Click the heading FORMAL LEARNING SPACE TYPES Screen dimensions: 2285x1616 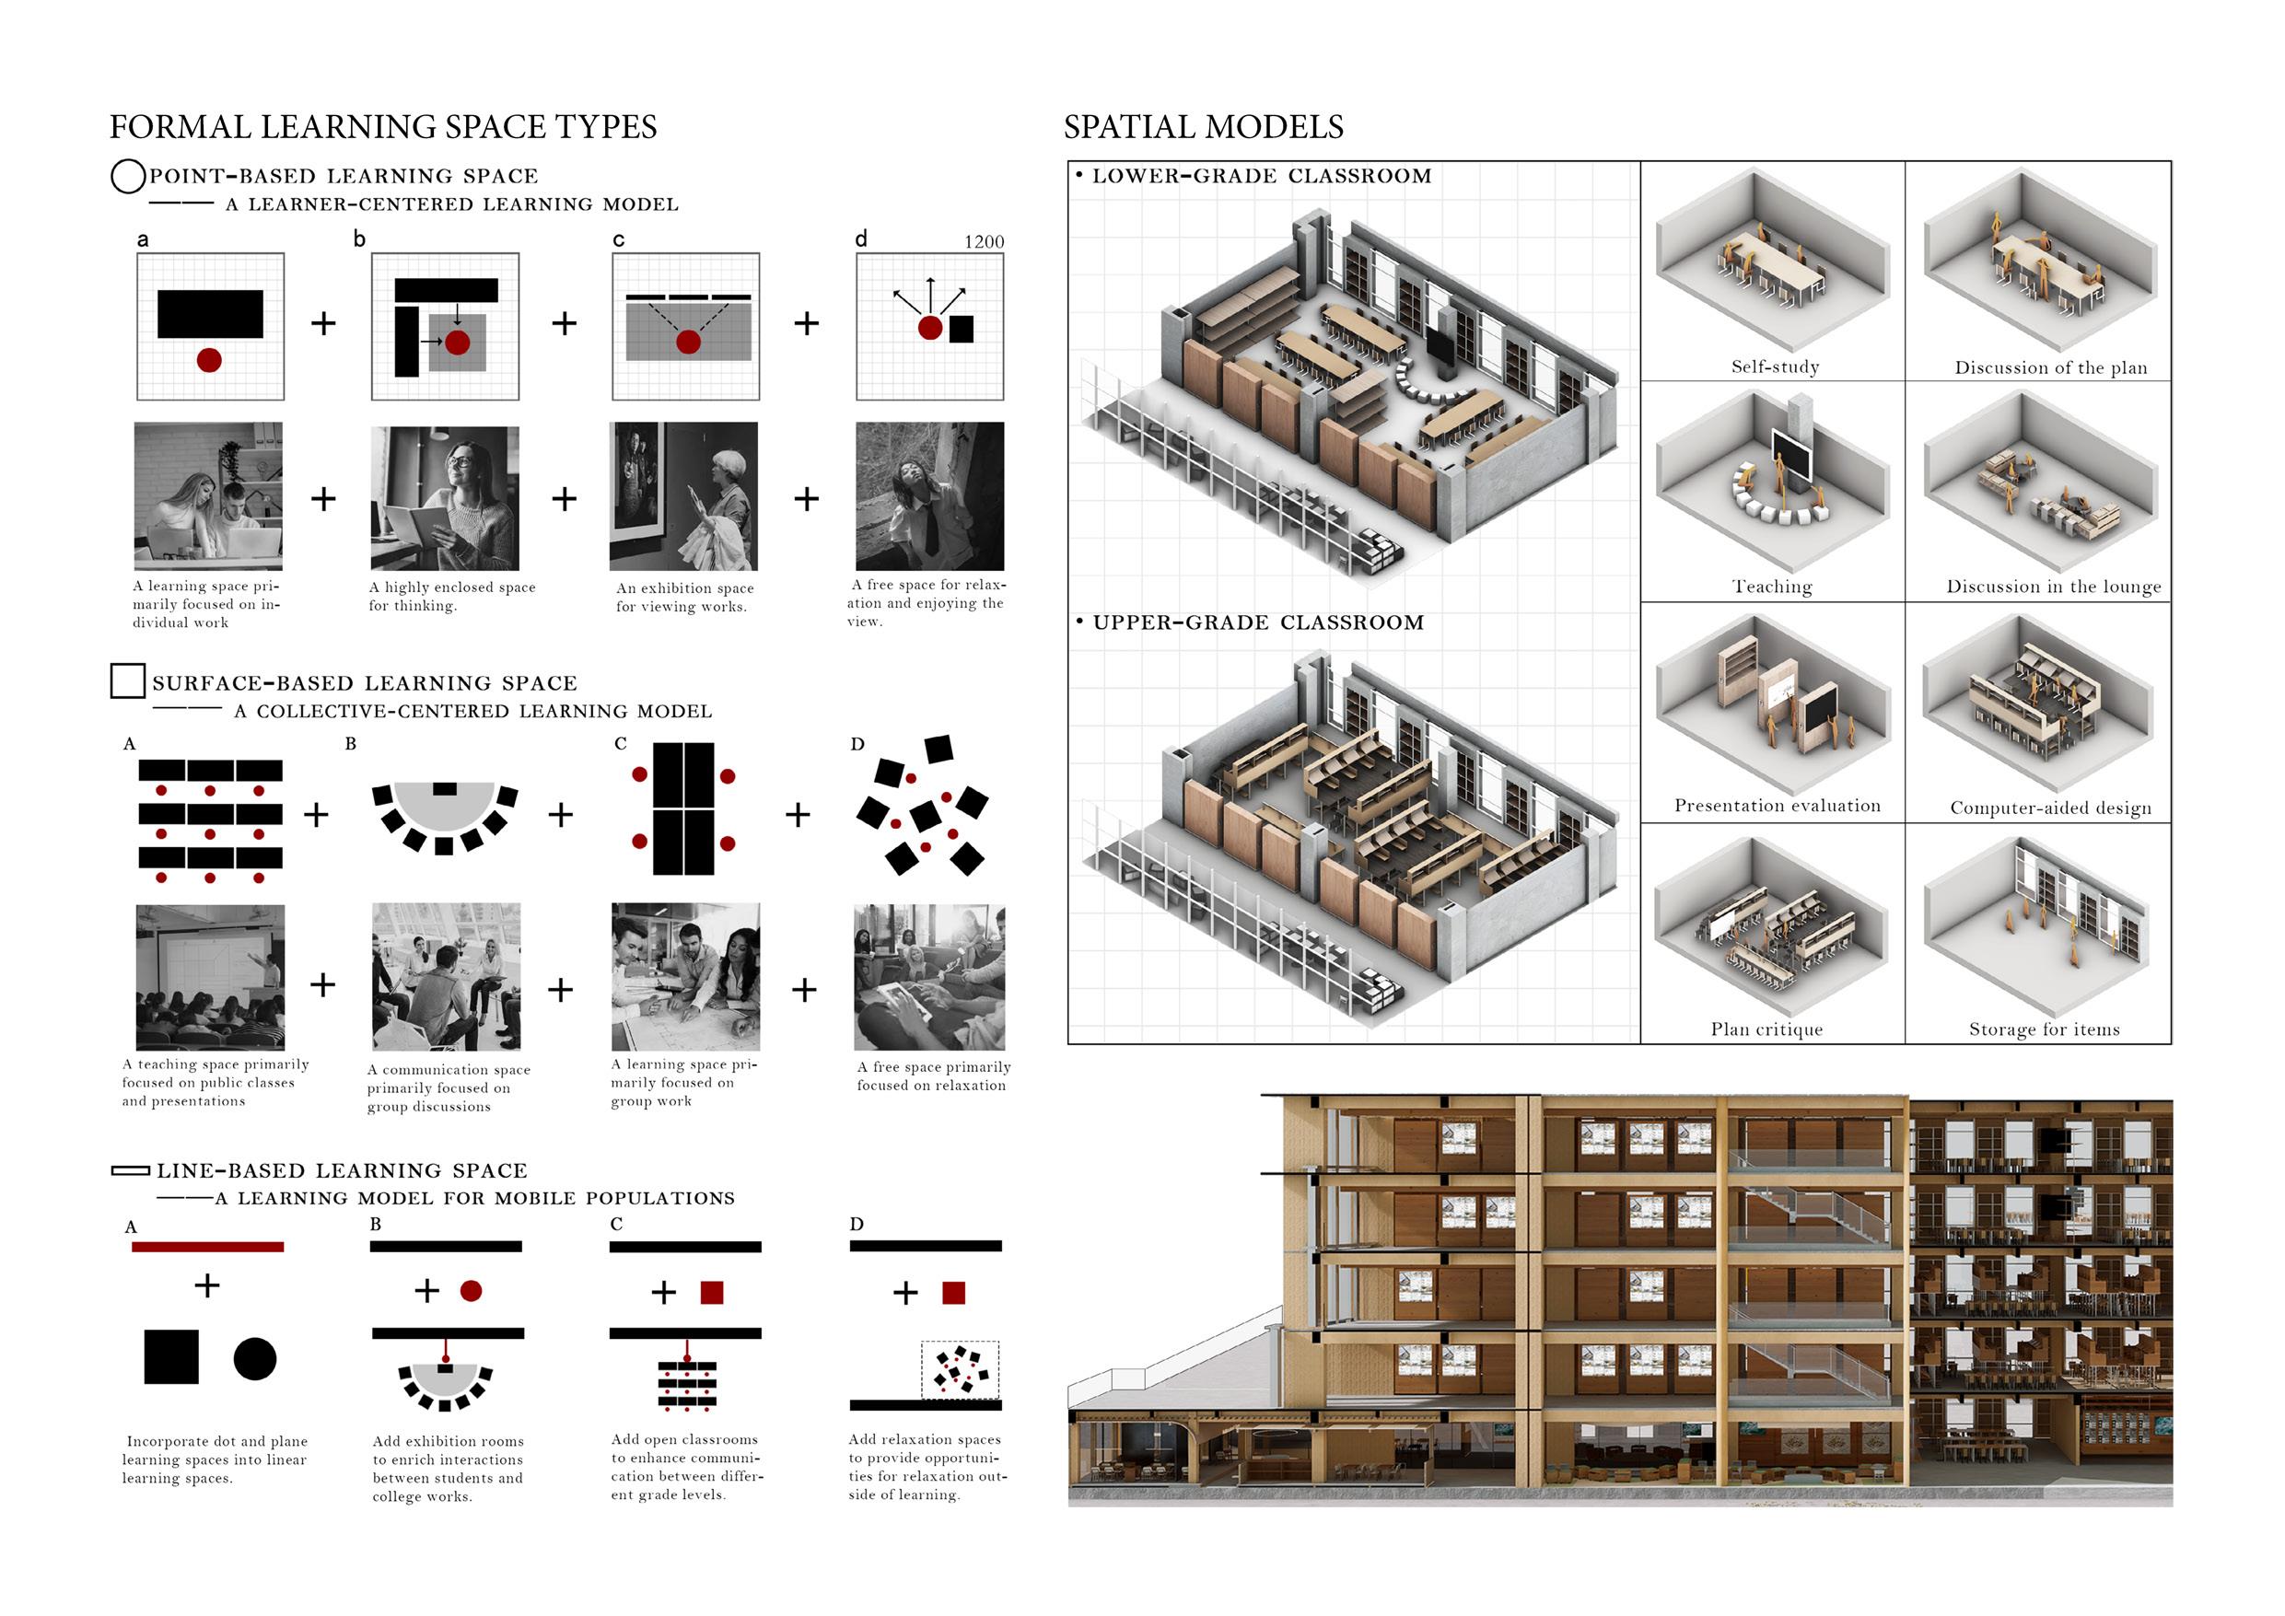tap(383, 127)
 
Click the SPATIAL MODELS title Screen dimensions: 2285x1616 tap(1203, 127)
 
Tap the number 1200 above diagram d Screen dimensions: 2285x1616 tap(984, 242)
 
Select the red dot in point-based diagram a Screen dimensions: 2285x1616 tap(209, 359)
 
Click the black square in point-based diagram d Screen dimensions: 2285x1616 tap(962, 330)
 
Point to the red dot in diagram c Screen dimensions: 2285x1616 tap(688, 343)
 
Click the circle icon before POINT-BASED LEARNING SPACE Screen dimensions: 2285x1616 tap(127, 176)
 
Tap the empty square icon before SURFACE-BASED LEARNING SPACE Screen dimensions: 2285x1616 tap(127, 680)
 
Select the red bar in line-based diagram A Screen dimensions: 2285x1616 tap(207, 1247)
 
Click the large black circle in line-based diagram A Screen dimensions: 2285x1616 tap(255, 1358)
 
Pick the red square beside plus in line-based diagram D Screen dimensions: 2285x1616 tap(953, 1293)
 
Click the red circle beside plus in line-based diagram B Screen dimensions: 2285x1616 tap(471, 1291)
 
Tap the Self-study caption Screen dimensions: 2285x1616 tap(1775, 367)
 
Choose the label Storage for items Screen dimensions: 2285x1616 tap(2045, 1029)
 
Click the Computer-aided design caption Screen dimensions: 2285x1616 tap(2050, 808)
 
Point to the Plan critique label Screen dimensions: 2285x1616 tap(1766, 1029)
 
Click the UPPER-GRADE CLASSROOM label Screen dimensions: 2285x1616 tap(1258, 622)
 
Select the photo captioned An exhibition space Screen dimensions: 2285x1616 tap(683, 495)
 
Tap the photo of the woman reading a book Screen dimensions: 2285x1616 tap(445, 497)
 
